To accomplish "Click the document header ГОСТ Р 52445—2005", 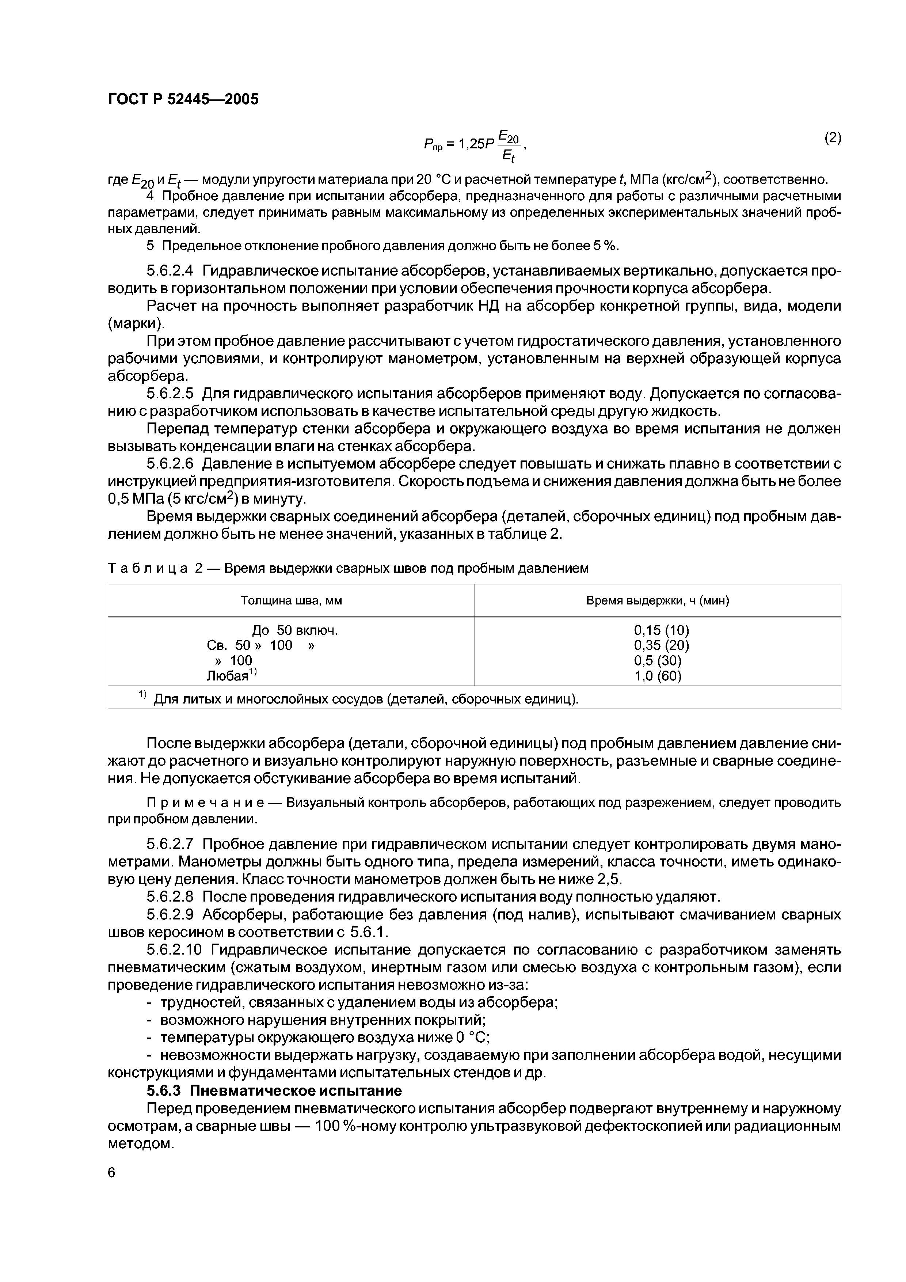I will coord(183,99).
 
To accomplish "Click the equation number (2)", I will coord(832,137).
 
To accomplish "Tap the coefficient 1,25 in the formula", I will coord(471,145).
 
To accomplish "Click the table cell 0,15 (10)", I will coord(662,630).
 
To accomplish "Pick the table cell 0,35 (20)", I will coord(662,645).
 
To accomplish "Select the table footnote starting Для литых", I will coord(366,699).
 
